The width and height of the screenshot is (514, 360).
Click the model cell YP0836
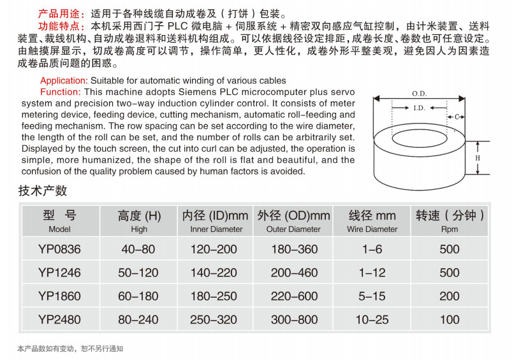(x=59, y=249)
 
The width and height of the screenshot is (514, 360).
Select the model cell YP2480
(x=59, y=319)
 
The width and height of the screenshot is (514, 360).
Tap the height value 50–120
(x=138, y=273)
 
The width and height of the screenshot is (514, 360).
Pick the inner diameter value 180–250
(x=216, y=296)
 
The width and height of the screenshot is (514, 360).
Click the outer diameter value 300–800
(x=294, y=319)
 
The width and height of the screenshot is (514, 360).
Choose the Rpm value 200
(x=449, y=296)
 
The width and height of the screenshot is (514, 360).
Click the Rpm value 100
(x=449, y=319)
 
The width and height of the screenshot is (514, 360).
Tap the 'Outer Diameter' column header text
(x=294, y=229)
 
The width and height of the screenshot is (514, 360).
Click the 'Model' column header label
(x=59, y=229)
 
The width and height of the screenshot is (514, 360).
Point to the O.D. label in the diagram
(x=419, y=94)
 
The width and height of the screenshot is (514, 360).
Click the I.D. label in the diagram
(x=418, y=108)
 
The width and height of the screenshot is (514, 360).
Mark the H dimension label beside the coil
(x=478, y=157)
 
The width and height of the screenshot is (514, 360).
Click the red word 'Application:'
(x=64, y=81)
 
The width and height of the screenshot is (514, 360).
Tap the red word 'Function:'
(x=61, y=92)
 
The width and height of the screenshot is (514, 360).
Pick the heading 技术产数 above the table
(x=43, y=191)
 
